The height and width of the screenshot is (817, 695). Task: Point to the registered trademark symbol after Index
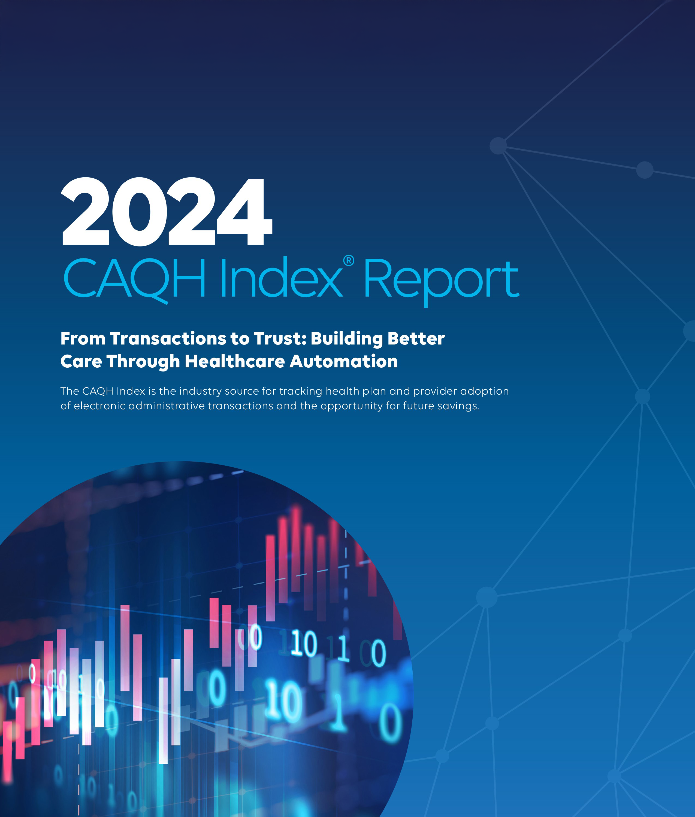[349, 261]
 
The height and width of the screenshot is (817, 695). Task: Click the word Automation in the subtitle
[344, 361]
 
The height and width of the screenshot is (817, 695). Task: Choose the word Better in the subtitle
[416, 339]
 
